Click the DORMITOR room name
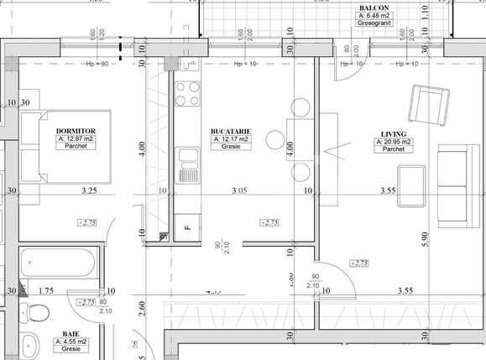(x=76, y=131)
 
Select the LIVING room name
(x=394, y=133)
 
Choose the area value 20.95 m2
(x=395, y=142)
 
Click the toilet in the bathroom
(x=35, y=315)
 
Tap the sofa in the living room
(x=455, y=186)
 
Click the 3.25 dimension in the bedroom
(x=89, y=191)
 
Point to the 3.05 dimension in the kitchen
(x=240, y=191)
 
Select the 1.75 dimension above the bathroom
(x=46, y=290)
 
